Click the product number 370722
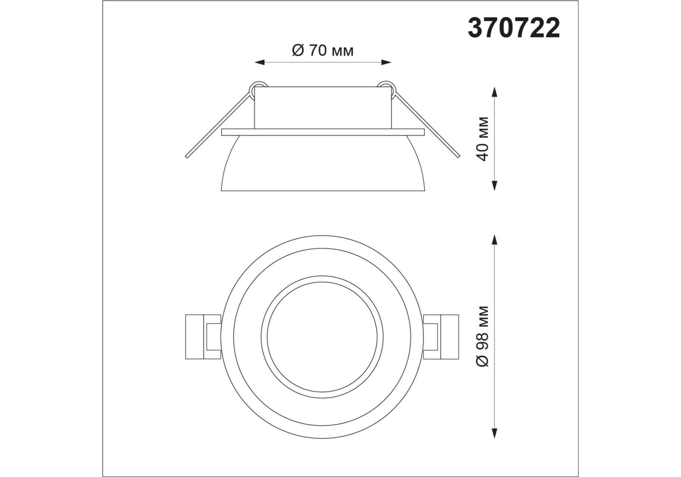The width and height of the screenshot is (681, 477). point(514,28)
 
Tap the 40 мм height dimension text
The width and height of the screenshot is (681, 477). point(483,139)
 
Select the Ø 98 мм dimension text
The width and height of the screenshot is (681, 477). point(483,337)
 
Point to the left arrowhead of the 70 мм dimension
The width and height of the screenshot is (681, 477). point(260,62)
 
